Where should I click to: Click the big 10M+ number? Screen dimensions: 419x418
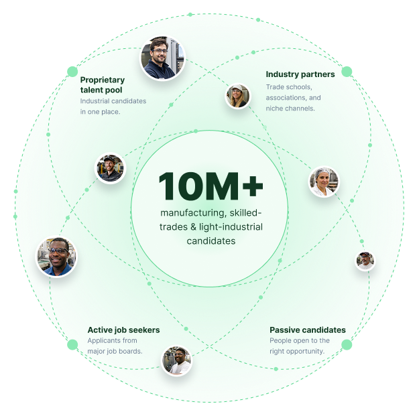(211, 186)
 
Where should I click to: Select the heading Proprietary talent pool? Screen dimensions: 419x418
(103, 85)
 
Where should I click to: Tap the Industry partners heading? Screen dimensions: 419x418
(300, 74)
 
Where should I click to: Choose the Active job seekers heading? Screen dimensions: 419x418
(123, 330)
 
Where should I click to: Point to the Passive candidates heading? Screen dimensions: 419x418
(308, 330)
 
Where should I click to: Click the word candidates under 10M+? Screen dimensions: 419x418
(211, 241)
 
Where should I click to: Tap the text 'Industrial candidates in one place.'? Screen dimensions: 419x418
(113, 107)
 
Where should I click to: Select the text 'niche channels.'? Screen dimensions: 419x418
(290, 109)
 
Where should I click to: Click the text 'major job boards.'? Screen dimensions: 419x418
(115, 351)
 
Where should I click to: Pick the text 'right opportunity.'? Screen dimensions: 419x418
(297, 351)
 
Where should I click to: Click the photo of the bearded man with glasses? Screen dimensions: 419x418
(162, 58)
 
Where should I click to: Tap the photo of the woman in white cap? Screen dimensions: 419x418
(237, 96)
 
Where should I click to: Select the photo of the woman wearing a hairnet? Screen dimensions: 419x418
(324, 182)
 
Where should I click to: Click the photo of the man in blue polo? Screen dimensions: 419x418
(56, 257)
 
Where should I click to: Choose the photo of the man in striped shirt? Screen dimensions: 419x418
(110, 168)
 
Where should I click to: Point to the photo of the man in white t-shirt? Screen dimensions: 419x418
(176, 360)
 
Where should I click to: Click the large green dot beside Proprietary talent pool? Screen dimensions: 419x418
(72, 72)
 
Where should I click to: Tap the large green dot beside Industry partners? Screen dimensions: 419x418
(347, 72)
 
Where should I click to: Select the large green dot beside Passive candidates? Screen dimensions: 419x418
(347, 344)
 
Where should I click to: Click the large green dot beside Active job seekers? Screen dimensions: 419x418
(72, 344)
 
